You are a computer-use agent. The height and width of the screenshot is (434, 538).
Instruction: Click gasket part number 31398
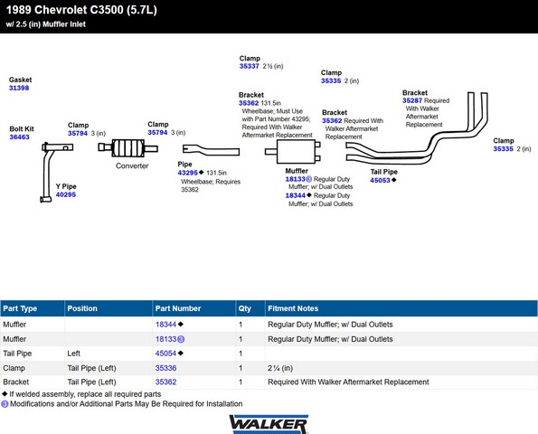point(19,88)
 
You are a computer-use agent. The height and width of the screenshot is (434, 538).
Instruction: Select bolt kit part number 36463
point(19,137)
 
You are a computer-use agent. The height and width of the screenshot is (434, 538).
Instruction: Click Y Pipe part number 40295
point(66,194)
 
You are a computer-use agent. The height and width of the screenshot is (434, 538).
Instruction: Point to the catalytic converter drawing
point(127,148)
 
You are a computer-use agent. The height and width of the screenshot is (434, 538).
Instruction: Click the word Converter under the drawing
point(132,165)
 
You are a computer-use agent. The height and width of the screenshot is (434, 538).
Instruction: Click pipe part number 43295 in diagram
point(188,173)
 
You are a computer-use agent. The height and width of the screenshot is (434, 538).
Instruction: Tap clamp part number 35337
point(249,66)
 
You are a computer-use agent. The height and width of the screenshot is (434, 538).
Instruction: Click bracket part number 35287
point(412,100)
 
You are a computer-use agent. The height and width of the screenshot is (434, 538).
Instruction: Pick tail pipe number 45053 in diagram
point(380,180)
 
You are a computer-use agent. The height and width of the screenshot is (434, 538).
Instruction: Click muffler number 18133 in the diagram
point(295,179)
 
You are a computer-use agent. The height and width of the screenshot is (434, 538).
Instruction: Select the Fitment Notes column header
point(293,308)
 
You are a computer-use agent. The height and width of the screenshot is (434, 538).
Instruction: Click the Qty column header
point(245,308)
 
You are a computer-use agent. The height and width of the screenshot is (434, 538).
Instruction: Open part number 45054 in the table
point(165,354)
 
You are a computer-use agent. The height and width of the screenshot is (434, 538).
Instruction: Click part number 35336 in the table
point(165,368)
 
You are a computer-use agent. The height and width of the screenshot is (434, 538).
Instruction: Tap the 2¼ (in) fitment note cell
point(280,368)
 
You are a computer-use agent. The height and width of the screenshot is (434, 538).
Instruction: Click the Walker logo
point(269,424)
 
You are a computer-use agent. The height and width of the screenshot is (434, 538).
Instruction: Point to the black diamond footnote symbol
point(5,394)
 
